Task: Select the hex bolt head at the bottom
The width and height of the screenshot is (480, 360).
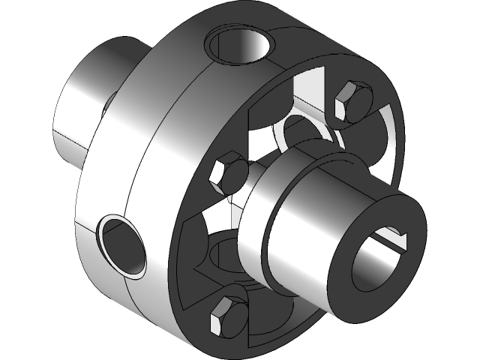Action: click(x=229, y=316)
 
